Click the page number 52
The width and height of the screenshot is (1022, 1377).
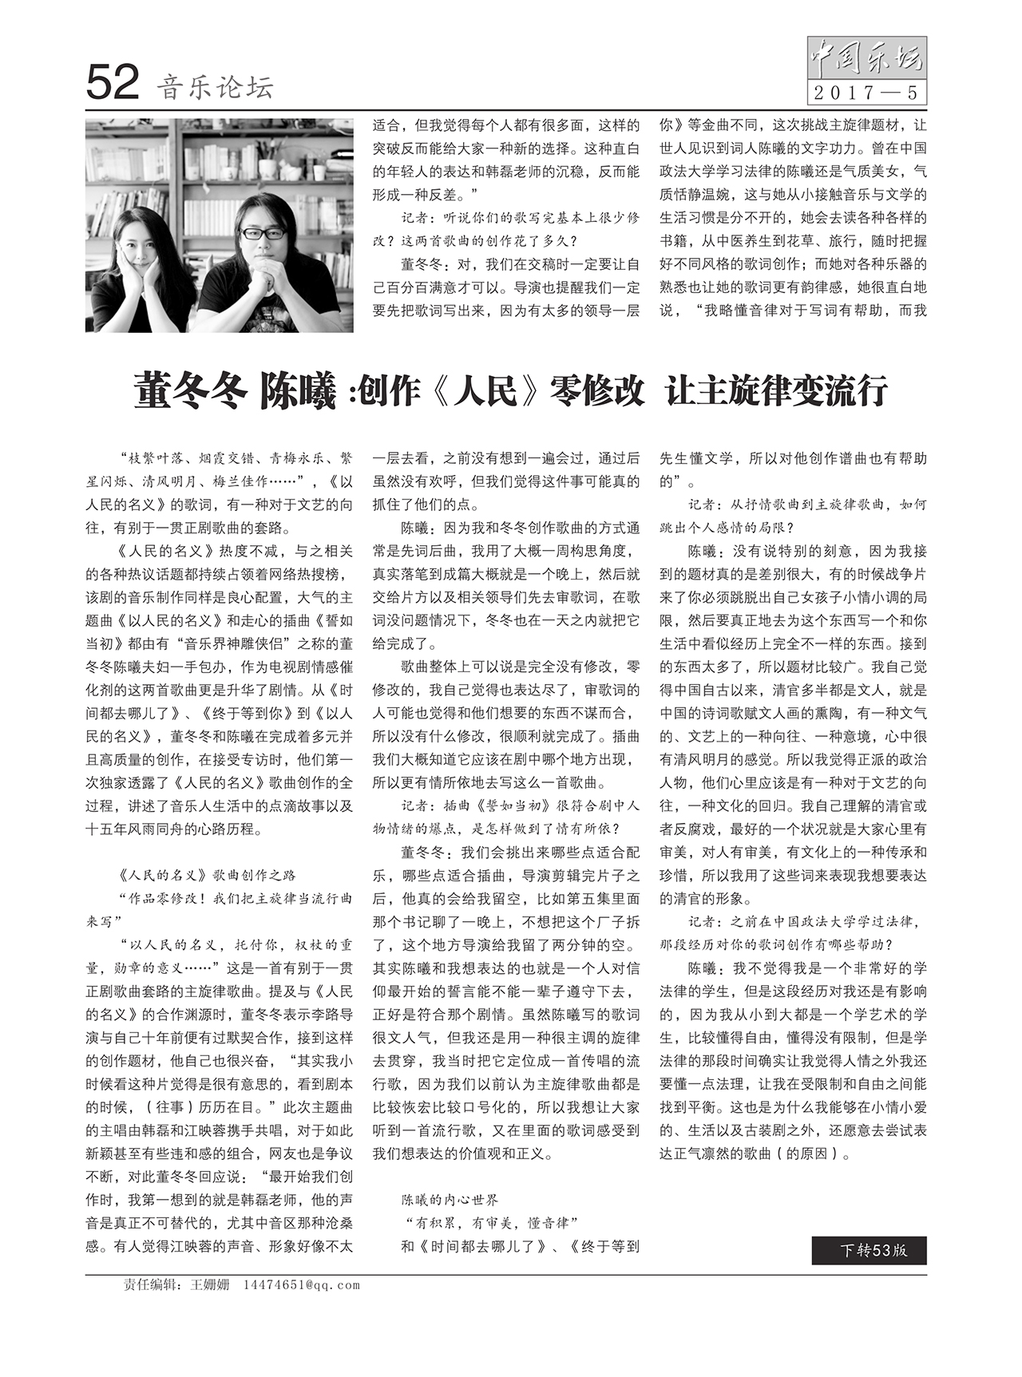(x=113, y=83)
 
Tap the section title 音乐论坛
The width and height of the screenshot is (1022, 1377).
(x=215, y=86)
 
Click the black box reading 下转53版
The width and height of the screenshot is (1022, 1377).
(x=869, y=1250)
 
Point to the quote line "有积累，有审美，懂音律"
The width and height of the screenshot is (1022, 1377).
(x=489, y=1222)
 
